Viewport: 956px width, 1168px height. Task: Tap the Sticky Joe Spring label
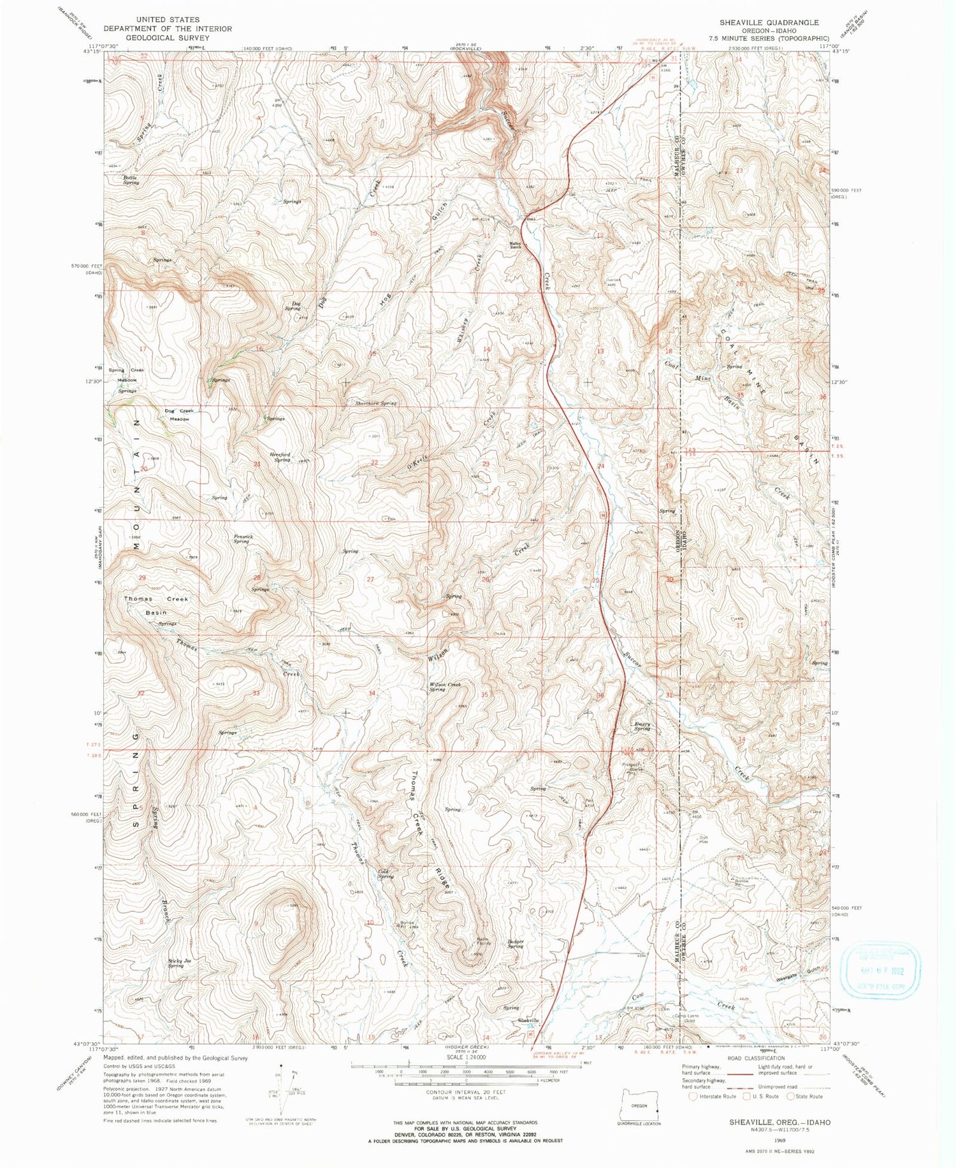(x=179, y=963)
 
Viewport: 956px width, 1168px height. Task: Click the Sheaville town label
(x=528, y=1020)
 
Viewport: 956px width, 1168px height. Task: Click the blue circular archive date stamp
(x=881, y=971)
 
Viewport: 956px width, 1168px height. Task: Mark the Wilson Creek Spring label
(x=445, y=687)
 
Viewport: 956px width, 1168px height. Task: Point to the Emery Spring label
(x=642, y=726)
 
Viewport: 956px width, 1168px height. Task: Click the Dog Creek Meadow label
(x=178, y=415)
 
